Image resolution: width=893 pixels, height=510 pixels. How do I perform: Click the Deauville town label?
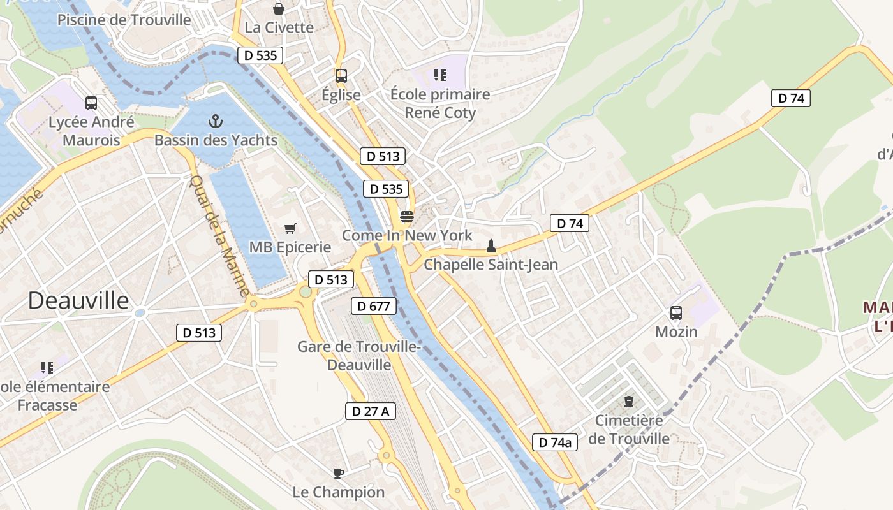pyautogui.click(x=78, y=300)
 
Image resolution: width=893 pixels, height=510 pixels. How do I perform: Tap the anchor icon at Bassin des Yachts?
pyautogui.click(x=216, y=120)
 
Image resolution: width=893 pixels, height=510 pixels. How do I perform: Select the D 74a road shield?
pyautogui.click(x=555, y=442)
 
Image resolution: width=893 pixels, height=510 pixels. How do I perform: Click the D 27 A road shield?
pyautogui.click(x=371, y=411)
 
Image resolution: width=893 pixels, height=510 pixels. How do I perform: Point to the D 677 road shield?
pyautogui.click(x=374, y=306)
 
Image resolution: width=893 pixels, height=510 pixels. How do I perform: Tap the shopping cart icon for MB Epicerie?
pyautogui.click(x=290, y=228)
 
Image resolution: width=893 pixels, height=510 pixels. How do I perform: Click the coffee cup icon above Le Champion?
pyautogui.click(x=339, y=473)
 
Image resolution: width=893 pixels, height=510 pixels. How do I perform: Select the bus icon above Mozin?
pyautogui.click(x=676, y=313)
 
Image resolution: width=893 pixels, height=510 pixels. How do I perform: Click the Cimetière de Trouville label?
pyautogui.click(x=629, y=430)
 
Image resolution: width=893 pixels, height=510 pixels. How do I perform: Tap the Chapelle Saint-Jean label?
pyautogui.click(x=491, y=264)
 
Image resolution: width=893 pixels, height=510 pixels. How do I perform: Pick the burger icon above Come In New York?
pyautogui.click(x=407, y=216)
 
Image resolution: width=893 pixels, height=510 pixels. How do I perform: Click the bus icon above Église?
pyautogui.click(x=341, y=76)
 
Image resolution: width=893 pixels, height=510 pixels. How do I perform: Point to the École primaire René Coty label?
pyautogui.click(x=440, y=103)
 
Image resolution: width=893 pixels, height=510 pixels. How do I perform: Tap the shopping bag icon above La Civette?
pyautogui.click(x=279, y=9)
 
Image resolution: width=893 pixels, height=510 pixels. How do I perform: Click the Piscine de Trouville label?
pyautogui.click(x=124, y=20)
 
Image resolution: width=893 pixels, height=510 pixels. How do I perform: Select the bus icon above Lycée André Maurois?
pyautogui.click(x=91, y=103)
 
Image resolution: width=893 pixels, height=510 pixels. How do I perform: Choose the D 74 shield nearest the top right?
pyautogui.click(x=791, y=98)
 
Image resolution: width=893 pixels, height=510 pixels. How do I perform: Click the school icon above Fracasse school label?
pyautogui.click(x=47, y=367)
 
